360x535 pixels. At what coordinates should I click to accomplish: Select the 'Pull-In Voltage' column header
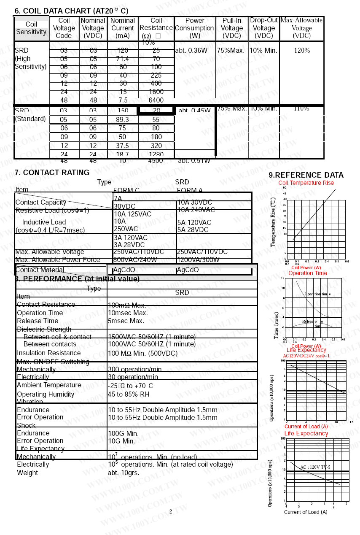point(232,28)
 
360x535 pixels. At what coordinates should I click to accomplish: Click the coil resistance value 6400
point(156,100)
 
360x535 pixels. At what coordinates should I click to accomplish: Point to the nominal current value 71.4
point(122,59)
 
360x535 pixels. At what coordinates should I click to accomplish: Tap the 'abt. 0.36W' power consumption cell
point(191,51)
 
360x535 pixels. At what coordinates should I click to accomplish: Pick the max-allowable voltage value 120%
point(302,51)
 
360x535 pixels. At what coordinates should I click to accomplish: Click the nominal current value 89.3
point(122,120)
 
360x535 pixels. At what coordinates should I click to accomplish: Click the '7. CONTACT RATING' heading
point(52,173)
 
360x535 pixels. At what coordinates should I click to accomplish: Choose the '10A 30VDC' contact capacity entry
point(195,203)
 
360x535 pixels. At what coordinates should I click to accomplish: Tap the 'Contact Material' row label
point(40,270)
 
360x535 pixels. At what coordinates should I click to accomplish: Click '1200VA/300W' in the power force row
point(198,260)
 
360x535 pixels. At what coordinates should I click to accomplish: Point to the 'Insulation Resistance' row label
point(49,353)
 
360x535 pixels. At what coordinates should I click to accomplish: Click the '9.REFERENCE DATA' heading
point(306,175)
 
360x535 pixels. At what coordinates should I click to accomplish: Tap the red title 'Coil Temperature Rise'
point(306,183)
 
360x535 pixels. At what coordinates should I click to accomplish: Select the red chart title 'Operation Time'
point(308,273)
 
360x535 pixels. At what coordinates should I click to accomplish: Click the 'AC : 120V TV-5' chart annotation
point(315,467)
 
